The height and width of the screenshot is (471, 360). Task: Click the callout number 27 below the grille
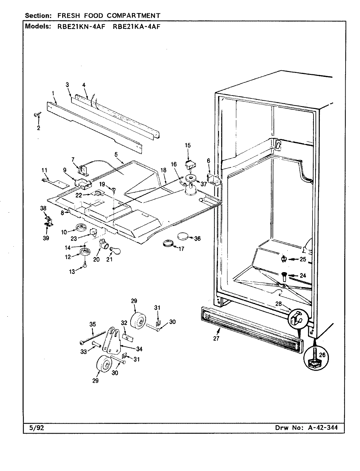[x=216, y=339]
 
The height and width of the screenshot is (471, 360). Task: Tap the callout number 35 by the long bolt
[x=93, y=324]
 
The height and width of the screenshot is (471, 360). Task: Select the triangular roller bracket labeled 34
[x=111, y=340]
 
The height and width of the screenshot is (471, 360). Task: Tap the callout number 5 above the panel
[x=116, y=154]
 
